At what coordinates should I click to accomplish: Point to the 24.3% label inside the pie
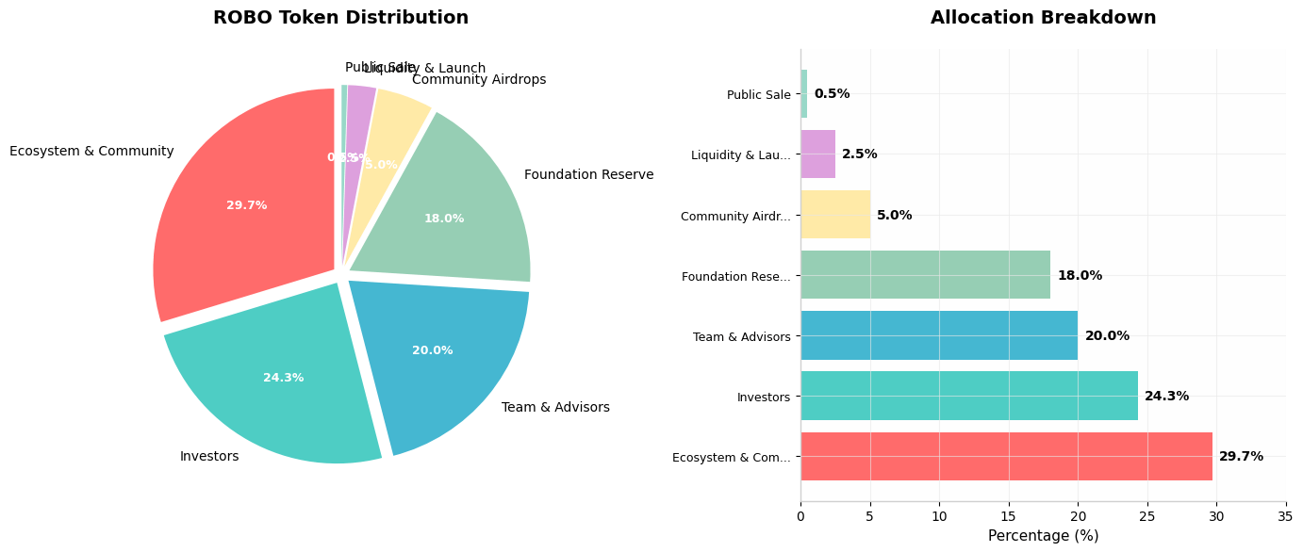(284, 378)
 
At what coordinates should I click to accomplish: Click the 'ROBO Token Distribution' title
(340, 18)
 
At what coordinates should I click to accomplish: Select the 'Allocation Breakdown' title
(1043, 18)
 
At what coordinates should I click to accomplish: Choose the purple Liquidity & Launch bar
(817, 154)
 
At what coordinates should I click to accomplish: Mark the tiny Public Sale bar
(804, 94)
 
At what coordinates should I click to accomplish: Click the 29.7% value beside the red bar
(1241, 457)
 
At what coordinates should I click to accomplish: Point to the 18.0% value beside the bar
(1080, 276)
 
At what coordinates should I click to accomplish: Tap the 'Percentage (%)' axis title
(1043, 536)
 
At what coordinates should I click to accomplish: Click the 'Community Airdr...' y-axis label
(735, 217)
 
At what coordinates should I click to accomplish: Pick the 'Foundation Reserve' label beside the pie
(588, 175)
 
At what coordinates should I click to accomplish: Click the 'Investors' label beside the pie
(209, 457)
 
